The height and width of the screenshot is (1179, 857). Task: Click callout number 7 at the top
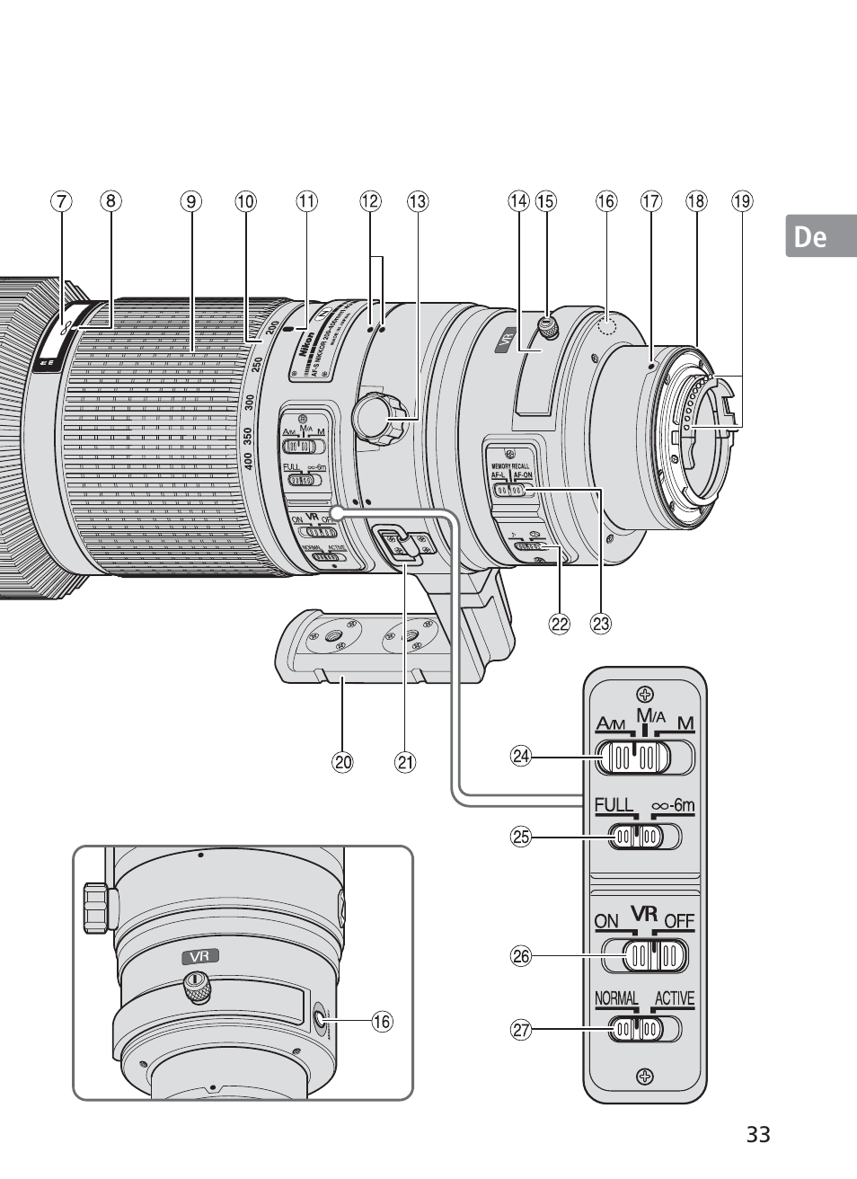60,202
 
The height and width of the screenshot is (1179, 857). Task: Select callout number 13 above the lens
418,202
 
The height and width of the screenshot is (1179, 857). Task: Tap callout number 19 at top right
741,202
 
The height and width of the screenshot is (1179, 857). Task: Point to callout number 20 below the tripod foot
341,763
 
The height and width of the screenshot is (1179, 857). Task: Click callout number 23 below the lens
600,623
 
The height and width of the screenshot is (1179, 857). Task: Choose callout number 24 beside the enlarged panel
521,757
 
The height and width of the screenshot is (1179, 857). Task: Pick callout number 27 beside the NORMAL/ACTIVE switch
521,1030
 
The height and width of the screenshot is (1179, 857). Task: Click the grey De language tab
821,236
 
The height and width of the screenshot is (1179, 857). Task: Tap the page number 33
757,1134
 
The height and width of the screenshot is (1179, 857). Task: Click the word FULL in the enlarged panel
614,806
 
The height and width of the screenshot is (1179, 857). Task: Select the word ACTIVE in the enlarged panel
674,999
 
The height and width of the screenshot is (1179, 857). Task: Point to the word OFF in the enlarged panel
679,922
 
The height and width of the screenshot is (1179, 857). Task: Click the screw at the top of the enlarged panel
643,694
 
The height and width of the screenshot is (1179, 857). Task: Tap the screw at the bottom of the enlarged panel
644,1076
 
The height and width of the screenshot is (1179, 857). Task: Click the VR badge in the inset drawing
200,956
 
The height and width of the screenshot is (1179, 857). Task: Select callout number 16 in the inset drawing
382,1022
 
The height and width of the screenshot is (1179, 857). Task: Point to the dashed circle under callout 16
609,327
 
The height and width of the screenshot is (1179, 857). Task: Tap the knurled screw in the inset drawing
197,988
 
